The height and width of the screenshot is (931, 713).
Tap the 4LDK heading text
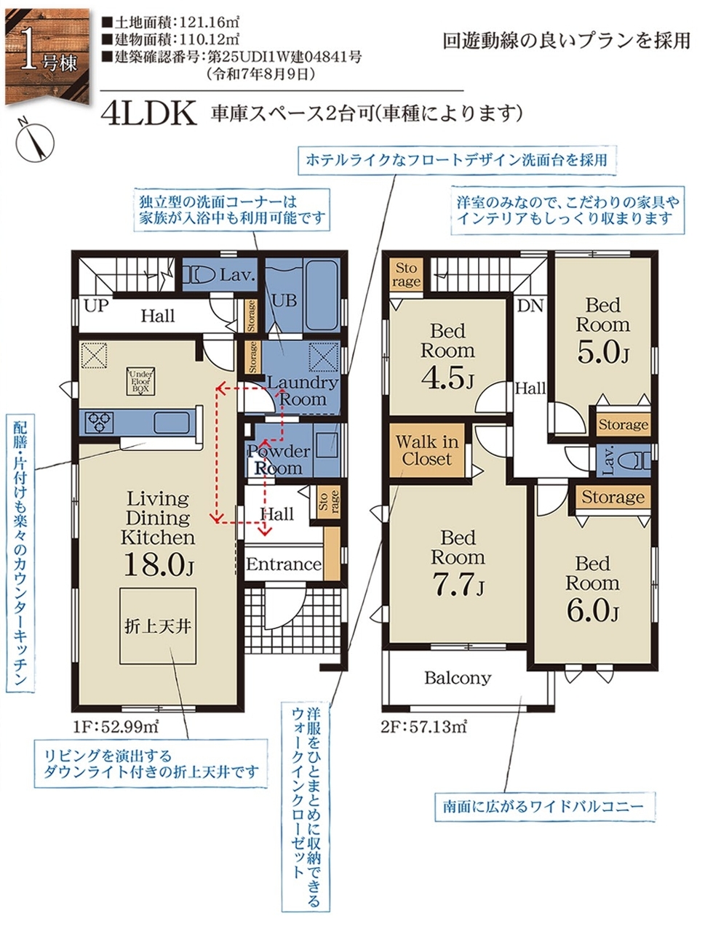[x=148, y=113]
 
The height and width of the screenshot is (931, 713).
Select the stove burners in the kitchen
[x=99, y=421]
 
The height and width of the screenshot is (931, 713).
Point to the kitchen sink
[x=172, y=422]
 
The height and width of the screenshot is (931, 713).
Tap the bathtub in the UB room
[x=321, y=295]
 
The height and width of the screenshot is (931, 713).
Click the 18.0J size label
[x=159, y=564]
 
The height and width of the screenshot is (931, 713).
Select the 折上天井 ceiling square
[x=158, y=626]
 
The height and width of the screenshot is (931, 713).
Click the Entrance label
[x=283, y=564]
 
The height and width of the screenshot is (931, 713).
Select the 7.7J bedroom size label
[x=458, y=584]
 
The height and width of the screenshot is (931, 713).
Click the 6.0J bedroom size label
[x=593, y=610]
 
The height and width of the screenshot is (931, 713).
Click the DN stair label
[x=530, y=306]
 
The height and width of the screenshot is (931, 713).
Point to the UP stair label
[x=96, y=306]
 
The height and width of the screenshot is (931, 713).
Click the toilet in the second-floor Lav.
[x=636, y=460]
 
